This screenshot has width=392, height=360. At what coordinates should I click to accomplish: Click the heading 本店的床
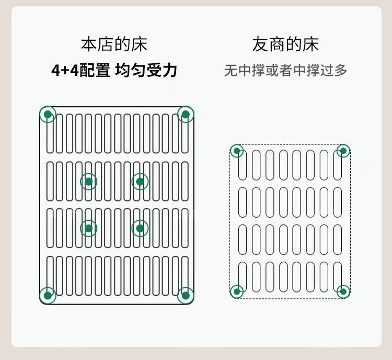click(x=114, y=44)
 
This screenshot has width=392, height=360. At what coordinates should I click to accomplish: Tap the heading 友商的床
click(x=285, y=44)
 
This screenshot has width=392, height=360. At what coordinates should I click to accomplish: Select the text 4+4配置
click(x=80, y=71)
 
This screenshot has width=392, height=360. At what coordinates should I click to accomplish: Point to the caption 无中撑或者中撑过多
click(x=285, y=71)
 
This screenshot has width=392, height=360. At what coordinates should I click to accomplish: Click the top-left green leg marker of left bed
click(x=48, y=114)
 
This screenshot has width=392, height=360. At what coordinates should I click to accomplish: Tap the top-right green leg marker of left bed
click(x=186, y=114)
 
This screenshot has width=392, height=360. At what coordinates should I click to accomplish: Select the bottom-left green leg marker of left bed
click(x=48, y=295)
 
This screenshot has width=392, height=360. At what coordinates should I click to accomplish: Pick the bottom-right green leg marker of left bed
click(x=186, y=295)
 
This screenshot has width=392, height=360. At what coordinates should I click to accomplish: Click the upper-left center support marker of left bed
click(x=88, y=182)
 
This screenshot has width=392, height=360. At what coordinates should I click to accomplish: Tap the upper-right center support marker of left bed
click(x=140, y=182)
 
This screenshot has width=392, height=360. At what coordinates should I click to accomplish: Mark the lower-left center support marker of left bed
click(x=88, y=228)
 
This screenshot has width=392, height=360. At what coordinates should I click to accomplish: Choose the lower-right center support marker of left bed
click(x=140, y=228)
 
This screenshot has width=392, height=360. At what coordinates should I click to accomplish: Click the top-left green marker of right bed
click(x=237, y=151)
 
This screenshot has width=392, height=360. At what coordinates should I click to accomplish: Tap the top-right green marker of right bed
click(x=343, y=151)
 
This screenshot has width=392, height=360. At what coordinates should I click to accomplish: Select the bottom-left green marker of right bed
click(x=237, y=291)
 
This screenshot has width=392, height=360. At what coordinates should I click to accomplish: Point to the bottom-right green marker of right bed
click(x=343, y=291)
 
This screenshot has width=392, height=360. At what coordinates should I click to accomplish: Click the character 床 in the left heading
click(x=140, y=44)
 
